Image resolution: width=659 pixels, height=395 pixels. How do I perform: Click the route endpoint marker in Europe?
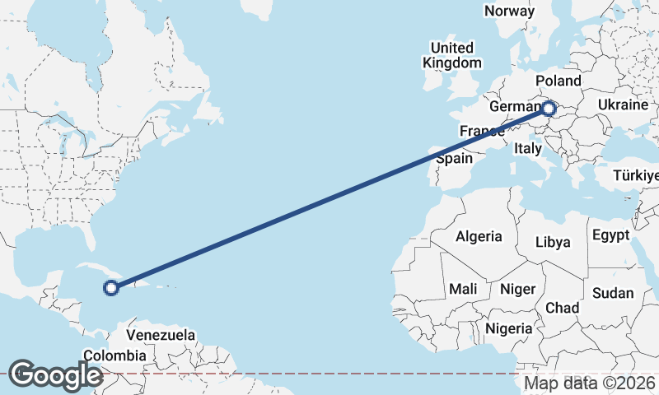(548, 108)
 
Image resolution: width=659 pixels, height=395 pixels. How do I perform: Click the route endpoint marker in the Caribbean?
(111, 287)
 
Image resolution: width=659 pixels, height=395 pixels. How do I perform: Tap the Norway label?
(509, 11)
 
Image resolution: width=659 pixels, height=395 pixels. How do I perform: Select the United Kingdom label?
(452, 55)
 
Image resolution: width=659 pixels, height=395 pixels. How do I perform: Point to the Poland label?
(558, 81)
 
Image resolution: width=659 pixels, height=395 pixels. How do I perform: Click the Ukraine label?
(623, 105)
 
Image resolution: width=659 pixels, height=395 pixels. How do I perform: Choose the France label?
(482, 131)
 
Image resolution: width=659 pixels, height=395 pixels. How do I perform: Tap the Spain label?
(454, 159)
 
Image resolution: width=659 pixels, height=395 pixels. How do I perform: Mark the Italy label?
(527, 149)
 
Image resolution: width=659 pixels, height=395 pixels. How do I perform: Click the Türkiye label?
(636, 176)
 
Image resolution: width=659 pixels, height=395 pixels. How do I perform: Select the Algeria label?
(479, 236)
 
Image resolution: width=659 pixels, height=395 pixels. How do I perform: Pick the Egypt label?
(611, 235)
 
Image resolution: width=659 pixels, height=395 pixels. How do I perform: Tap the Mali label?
(463, 289)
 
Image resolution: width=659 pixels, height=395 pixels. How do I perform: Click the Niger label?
(518, 289)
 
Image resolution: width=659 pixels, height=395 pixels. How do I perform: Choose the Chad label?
(562, 307)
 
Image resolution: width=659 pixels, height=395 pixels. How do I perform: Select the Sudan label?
(613, 293)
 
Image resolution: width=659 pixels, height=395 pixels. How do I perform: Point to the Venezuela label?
(161, 335)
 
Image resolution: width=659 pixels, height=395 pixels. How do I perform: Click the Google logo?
(54, 375)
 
